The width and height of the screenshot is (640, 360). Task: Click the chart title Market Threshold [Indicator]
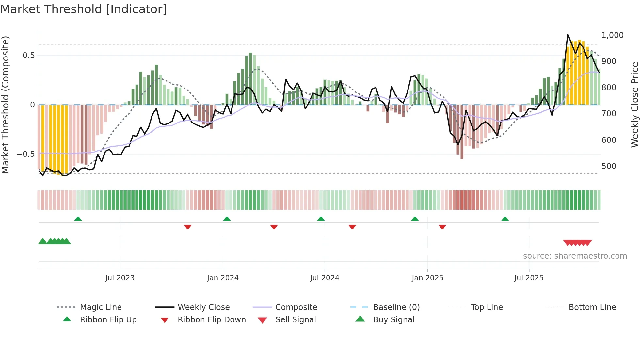(x=84, y=9)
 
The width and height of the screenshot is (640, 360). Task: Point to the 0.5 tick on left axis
(x=29, y=56)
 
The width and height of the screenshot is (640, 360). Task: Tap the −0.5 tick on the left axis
(x=26, y=154)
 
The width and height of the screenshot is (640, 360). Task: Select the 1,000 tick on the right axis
(x=612, y=35)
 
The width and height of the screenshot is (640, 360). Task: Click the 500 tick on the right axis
(x=609, y=166)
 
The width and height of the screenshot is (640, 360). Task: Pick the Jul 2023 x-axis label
(x=120, y=278)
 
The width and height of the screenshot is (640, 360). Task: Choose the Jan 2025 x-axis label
(x=427, y=278)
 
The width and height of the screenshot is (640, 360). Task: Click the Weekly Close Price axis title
(x=634, y=105)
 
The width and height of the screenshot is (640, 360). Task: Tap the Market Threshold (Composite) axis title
(x=5, y=105)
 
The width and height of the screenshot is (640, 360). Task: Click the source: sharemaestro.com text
(x=575, y=256)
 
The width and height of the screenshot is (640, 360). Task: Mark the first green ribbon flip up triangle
(x=78, y=219)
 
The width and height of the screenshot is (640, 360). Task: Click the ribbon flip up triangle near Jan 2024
(x=227, y=219)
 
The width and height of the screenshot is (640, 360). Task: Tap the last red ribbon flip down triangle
(x=442, y=227)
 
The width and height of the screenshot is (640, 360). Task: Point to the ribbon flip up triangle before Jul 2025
(x=505, y=219)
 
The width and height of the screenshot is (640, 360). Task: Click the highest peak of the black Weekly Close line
(x=568, y=34)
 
